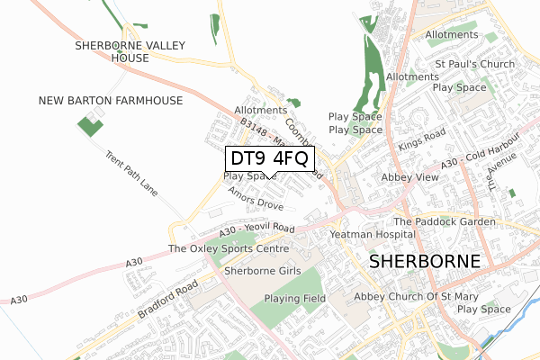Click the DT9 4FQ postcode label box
pos(269,159)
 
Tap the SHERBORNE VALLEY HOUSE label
pos(130,50)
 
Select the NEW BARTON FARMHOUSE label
pos(111,100)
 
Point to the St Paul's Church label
pos(475,65)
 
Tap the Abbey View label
pos(410,178)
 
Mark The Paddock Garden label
pos(445,221)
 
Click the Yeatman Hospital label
pos(371,233)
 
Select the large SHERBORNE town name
pos(426,262)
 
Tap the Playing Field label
pos(294,299)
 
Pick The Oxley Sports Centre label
pos(229,248)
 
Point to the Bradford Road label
pos(168,301)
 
